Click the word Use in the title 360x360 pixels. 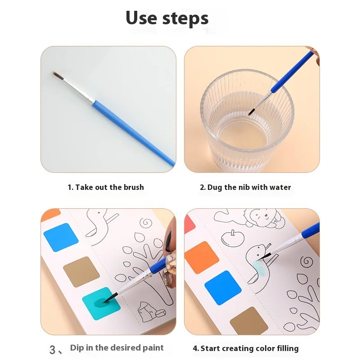coord(141,18)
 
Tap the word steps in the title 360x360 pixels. coord(185,18)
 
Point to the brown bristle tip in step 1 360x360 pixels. coord(58,76)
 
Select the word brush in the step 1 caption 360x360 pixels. coord(134,187)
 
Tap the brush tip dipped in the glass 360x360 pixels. coord(251,112)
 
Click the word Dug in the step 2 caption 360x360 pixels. coord(215,188)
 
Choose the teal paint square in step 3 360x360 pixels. coord(101,303)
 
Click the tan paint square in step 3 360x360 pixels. coord(81,272)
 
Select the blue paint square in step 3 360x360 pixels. coord(61,238)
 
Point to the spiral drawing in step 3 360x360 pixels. coord(146,223)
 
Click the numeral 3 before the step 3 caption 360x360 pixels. coord(53,350)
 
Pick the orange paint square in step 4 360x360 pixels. coord(202,257)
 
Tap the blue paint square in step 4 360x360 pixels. coord(223,288)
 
